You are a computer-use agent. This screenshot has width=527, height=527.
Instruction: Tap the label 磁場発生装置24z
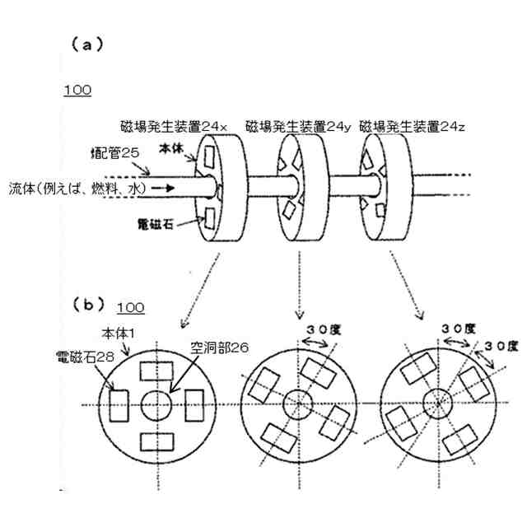418,128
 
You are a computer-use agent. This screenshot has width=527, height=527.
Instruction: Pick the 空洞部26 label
217,348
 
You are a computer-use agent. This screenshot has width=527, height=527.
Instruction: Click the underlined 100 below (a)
77,90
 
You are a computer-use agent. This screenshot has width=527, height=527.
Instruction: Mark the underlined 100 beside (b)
130,308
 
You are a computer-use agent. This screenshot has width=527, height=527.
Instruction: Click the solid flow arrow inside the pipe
164,188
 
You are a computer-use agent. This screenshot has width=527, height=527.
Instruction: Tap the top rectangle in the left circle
155,370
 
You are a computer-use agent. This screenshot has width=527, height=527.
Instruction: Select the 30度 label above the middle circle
322,329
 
